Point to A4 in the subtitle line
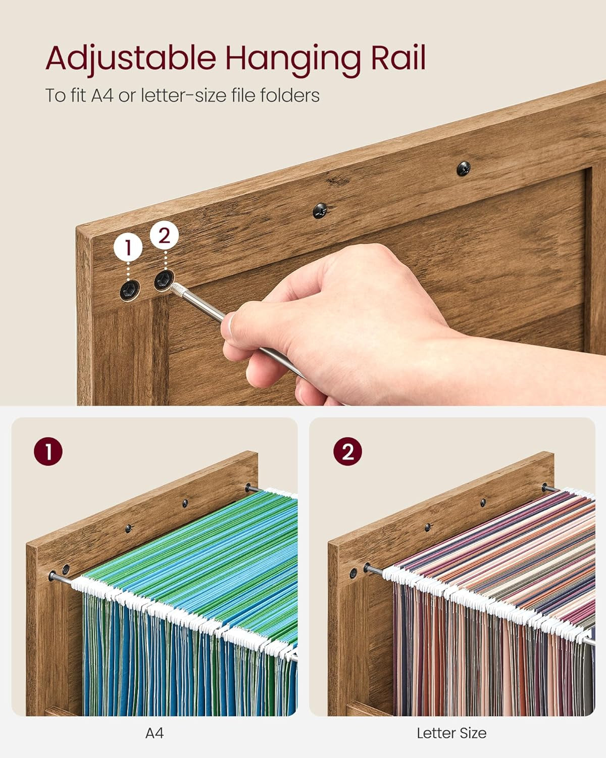pos(102,96)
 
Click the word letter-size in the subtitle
pos(183,96)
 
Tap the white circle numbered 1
pos(128,247)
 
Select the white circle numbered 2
pos(164,236)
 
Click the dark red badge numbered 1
pos(48,451)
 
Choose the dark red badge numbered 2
pos(347,451)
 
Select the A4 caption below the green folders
pos(154,733)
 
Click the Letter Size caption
pos(451,733)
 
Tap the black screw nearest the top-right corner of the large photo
pos(463,168)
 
